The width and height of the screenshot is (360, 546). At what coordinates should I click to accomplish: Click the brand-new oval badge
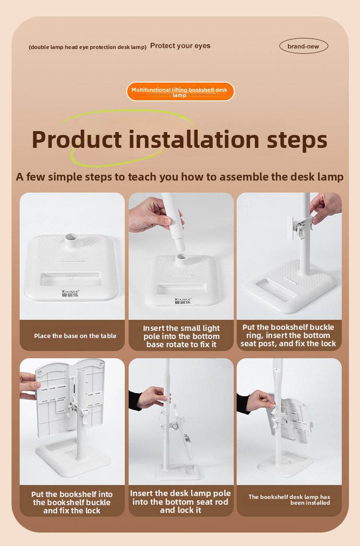(303, 46)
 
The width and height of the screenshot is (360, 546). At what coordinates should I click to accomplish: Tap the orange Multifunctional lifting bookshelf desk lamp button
(180, 92)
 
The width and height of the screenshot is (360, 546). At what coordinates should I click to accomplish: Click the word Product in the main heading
(77, 140)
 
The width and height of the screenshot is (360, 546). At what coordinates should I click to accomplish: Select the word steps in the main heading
(297, 141)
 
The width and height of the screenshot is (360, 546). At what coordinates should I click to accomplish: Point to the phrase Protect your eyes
(180, 46)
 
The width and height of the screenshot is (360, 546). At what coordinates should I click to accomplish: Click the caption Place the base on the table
(75, 336)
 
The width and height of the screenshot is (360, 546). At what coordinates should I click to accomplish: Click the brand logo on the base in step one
(71, 293)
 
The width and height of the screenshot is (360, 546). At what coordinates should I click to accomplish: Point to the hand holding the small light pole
(153, 215)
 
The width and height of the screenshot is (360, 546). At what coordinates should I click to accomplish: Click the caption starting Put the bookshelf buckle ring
(288, 335)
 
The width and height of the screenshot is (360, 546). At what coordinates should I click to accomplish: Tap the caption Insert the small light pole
(181, 336)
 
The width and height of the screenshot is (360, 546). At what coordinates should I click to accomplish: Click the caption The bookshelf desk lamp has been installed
(289, 500)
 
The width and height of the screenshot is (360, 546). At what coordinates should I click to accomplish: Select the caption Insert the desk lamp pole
(180, 501)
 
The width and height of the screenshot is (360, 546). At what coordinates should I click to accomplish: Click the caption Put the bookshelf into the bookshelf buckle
(72, 502)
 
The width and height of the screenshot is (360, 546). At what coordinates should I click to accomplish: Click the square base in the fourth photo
(73, 457)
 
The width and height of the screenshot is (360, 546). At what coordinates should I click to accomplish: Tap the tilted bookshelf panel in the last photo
(291, 421)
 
